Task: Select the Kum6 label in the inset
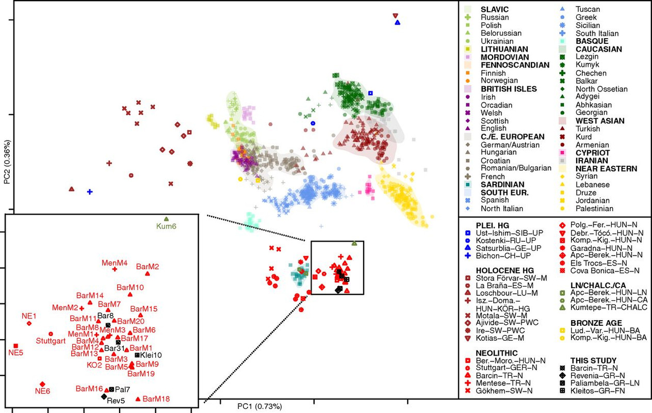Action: pyautogui.click(x=166, y=226)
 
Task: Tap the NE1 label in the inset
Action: pyautogui.click(x=28, y=316)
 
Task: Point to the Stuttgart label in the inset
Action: pyautogui.click(x=50, y=341)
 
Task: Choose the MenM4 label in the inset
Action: pyautogui.click(x=115, y=262)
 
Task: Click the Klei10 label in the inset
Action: pyautogui.click(x=151, y=355)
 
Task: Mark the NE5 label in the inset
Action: pyautogui.click(x=15, y=354)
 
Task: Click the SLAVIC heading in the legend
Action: pyautogui.click(x=495, y=9)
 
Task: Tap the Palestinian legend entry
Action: pyautogui.click(x=596, y=209)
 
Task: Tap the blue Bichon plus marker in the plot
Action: pyautogui.click(x=89, y=192)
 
